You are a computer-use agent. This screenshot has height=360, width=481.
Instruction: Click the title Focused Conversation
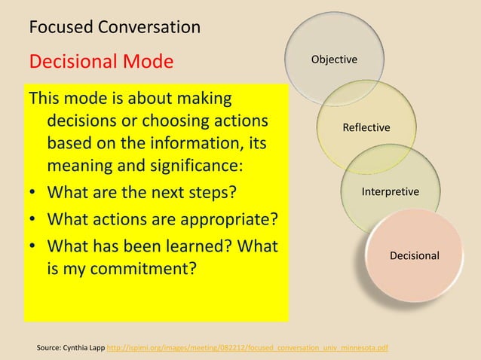point(115,28)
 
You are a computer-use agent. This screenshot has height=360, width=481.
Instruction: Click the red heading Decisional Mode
point(101,60)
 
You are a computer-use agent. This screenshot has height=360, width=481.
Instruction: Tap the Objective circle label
point(335,59)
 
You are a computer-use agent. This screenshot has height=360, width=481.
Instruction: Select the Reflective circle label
point(366,127)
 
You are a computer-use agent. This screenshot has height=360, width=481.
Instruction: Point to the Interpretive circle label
point(391,192)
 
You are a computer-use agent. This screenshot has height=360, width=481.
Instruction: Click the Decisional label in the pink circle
point(415,256)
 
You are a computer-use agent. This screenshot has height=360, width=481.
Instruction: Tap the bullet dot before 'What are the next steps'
point(33,192)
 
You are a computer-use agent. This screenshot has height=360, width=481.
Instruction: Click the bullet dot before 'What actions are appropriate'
point(33,220)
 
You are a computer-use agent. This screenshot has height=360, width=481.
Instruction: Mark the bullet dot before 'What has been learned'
point(33,246)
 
